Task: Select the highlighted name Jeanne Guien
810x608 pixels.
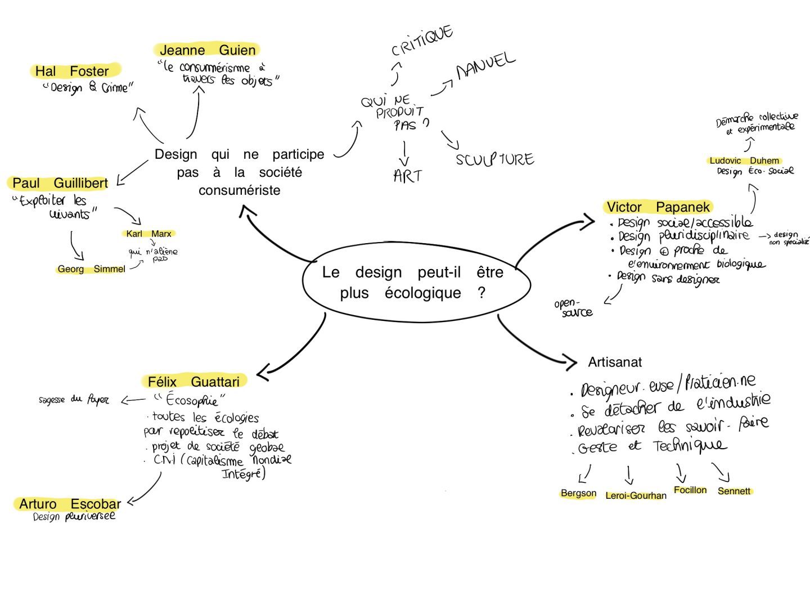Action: point(208,50)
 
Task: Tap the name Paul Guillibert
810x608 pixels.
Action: point(60,184)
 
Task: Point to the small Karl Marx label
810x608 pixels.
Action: point(148,234)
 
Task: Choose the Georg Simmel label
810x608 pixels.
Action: point(91,269)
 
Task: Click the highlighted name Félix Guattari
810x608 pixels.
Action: point(193,382)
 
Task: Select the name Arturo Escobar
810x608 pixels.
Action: point(70,504)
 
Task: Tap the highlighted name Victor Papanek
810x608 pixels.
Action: point(658,207)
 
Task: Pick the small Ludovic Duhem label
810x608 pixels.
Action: point(744,161)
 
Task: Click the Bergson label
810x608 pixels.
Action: point(578,493)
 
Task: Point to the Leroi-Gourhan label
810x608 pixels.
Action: point(636,496)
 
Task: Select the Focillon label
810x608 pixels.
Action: point(690,490)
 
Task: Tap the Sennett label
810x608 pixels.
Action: point(734,491)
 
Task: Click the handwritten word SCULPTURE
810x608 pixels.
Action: point(494,159)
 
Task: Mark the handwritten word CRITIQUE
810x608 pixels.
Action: point(422,41)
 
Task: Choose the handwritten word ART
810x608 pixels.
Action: point(407,176)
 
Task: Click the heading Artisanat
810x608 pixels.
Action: point(615,362)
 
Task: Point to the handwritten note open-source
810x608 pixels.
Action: point(573,308)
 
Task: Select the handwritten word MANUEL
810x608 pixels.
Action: point(485,66)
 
